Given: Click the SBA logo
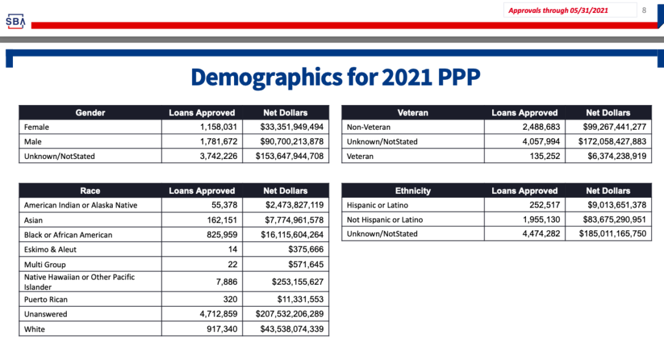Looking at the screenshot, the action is pyautogui.click(x=16, y=21).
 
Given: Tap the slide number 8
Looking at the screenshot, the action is pyautogui.click(x=644, y=10).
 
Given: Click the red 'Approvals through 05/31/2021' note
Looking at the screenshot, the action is pyautogui.click(x=558, y=10).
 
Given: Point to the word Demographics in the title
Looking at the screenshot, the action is pyautogui.click(x=267, y=77).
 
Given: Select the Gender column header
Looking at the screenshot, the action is pyautogui.click(x=90, y=113).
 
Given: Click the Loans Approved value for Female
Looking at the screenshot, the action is pyautogui.click(x=219, y=127).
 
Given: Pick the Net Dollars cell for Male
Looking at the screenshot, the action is pyautogui.click(x=292, y=141).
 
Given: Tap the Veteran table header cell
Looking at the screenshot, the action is pyautogui.click(x=413, y=113).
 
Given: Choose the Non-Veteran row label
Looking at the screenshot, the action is pyautogui.click(x=368, y=127).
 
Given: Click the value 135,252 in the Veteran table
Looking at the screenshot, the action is pyautogui.click(x=545, y=156).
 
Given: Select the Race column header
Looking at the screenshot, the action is pyautogui.click(x=90, y=191).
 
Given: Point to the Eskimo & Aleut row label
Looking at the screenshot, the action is pyautogui.click(x=50, y=250).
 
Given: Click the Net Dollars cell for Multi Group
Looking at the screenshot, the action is pyautogui.click(x=306, y=264).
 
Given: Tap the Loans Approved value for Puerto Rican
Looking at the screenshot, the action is pyautogui.click(x=230, y=300).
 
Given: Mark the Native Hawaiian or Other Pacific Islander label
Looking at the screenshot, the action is pyautogui.click(x=79, y=282).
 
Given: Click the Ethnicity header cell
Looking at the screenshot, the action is pyautogui.click(x=413, y=191).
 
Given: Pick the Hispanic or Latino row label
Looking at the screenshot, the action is pyautogui.click(x=377, y=206).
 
